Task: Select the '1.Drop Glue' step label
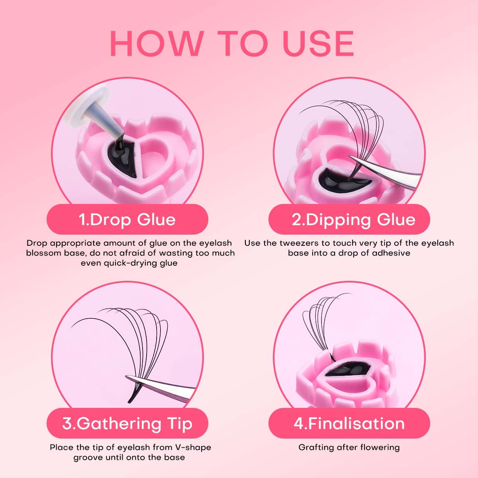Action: (x=127, y=219)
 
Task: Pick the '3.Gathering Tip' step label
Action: (x=127, y=423)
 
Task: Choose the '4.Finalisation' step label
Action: (x=349, y=423)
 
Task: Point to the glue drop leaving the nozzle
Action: (x=121, y=144)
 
